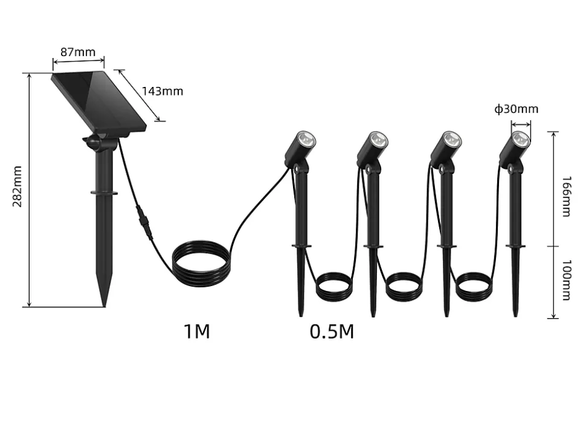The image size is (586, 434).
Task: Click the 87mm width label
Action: point(78,52)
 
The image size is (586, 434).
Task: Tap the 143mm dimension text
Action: point(162,91)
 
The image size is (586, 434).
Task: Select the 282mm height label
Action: point(17,187)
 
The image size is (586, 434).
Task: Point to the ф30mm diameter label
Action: point(516,109)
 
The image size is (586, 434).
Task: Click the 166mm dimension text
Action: point(567,196)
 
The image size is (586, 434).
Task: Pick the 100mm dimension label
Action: point(567,280)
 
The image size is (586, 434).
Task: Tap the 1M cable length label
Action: point(196,331)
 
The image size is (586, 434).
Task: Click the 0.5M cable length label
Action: point(332,331)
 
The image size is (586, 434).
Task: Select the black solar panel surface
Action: point(98,101)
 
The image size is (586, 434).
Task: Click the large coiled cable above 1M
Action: point(201,264)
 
